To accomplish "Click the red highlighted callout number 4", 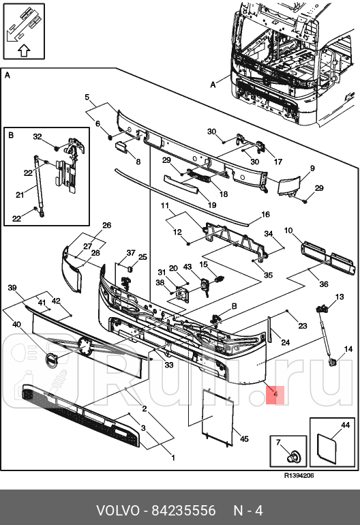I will (x=275, y=394).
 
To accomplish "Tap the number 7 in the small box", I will (x=278, y=443).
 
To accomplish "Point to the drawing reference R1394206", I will (x=299, y=477).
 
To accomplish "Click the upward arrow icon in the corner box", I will (x=23, y=49).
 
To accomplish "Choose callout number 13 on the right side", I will (x=339, y=297).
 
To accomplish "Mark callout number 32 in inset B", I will (x=37, y=137).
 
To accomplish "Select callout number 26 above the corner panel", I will (x=106, y=225).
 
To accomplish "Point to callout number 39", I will (x=12, y=288).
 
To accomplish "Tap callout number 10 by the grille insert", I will (x=288, y=230).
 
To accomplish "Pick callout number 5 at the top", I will (x=87, y=97).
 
